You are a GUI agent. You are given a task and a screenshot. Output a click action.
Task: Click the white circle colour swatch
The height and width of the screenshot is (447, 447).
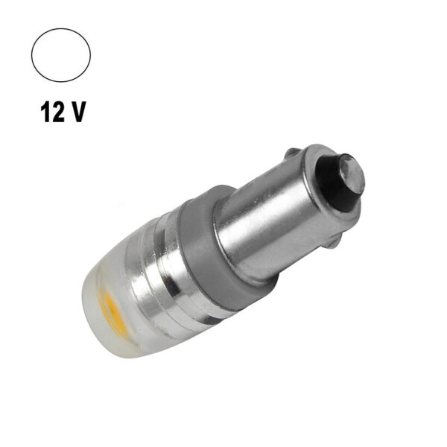61,55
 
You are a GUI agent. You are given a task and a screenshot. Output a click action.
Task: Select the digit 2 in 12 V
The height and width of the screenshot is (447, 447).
59,112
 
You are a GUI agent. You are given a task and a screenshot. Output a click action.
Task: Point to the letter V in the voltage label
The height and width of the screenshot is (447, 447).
77,112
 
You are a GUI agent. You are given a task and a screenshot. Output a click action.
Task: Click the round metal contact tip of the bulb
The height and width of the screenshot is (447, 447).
352,173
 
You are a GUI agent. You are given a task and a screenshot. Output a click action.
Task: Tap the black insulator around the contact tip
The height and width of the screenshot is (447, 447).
335,183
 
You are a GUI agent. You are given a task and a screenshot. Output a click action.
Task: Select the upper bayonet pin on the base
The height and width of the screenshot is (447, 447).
293,153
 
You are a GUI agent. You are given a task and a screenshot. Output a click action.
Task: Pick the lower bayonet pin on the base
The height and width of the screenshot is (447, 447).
336,242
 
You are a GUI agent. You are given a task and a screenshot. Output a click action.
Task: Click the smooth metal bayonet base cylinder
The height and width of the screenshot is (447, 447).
282,217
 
